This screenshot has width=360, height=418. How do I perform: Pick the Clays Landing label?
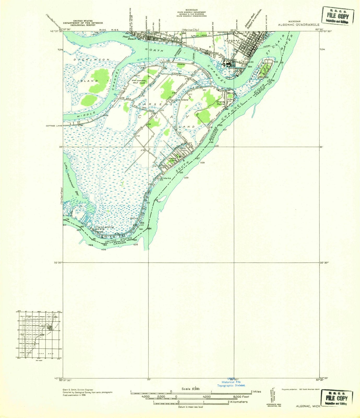coord(104,227)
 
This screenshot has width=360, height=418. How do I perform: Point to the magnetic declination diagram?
coord(273,392)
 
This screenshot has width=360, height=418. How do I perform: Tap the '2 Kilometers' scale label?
coord(237,402)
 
